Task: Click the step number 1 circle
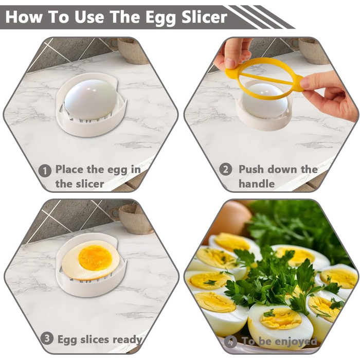click(x=45, y=171)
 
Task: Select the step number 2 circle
click(x=225, y=169)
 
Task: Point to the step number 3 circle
click(x=47, y=338)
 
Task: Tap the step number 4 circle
click(x=230, y=342)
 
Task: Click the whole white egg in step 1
click(x=91, y=99)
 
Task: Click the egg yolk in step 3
click(x=95, y=258)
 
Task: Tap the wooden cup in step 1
click(x=133, y=50)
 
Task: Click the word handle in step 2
click(x=257, y=184)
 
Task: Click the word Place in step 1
click(x=69, y=169)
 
